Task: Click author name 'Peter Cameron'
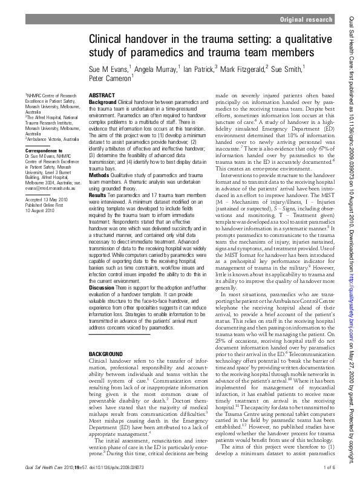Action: tap(108, 78)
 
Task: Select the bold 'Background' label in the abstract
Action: tap(102, 103)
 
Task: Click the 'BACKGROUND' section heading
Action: tap(106, 352)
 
